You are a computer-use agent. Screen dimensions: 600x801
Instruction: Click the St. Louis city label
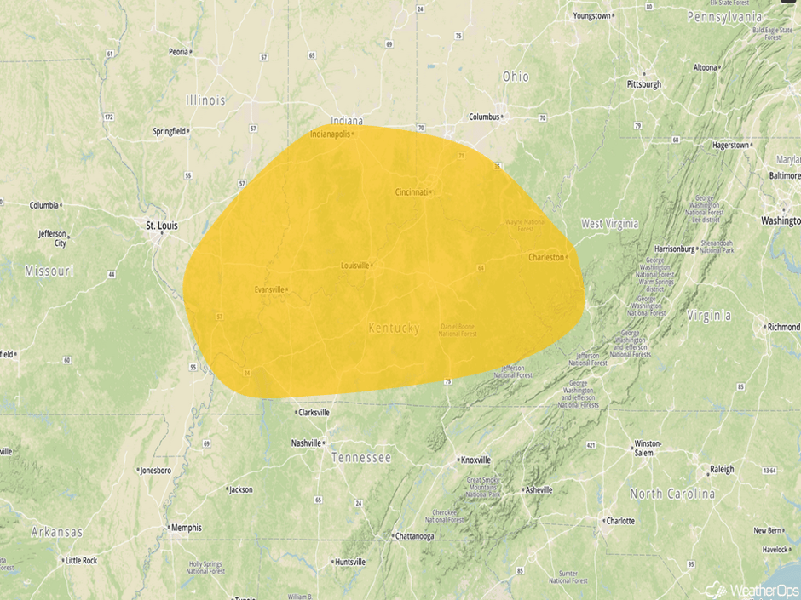[162, 226]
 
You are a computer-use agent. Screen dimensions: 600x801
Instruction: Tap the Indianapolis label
[330, 134]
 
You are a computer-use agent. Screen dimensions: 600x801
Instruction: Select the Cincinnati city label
[412, 192]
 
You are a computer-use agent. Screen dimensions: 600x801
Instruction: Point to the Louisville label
[354, 266]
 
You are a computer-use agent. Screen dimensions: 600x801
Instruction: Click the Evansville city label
[269, 289]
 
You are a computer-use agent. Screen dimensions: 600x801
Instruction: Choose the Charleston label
[546, 257]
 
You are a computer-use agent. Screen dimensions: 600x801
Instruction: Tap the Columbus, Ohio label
[483, 117]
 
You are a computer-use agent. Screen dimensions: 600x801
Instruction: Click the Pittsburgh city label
[644, 84]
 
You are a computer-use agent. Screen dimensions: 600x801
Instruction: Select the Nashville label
[306, 443]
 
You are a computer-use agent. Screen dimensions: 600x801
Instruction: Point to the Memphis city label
[186, 528]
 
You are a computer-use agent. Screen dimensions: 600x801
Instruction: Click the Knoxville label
[475, 460]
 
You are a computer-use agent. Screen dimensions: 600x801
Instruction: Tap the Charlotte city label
[619, 521]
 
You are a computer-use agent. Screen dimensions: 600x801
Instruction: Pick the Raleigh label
[721, 470]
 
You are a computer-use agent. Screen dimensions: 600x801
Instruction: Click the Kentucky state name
[394, 328]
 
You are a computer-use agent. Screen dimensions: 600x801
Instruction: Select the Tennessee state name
[361, 458]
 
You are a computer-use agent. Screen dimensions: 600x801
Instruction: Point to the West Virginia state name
[609, 224]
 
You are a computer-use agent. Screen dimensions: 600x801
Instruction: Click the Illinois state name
[206, 100]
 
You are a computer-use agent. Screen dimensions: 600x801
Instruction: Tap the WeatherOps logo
[751, 589]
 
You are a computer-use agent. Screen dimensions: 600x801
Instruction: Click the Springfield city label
[169, 131]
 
